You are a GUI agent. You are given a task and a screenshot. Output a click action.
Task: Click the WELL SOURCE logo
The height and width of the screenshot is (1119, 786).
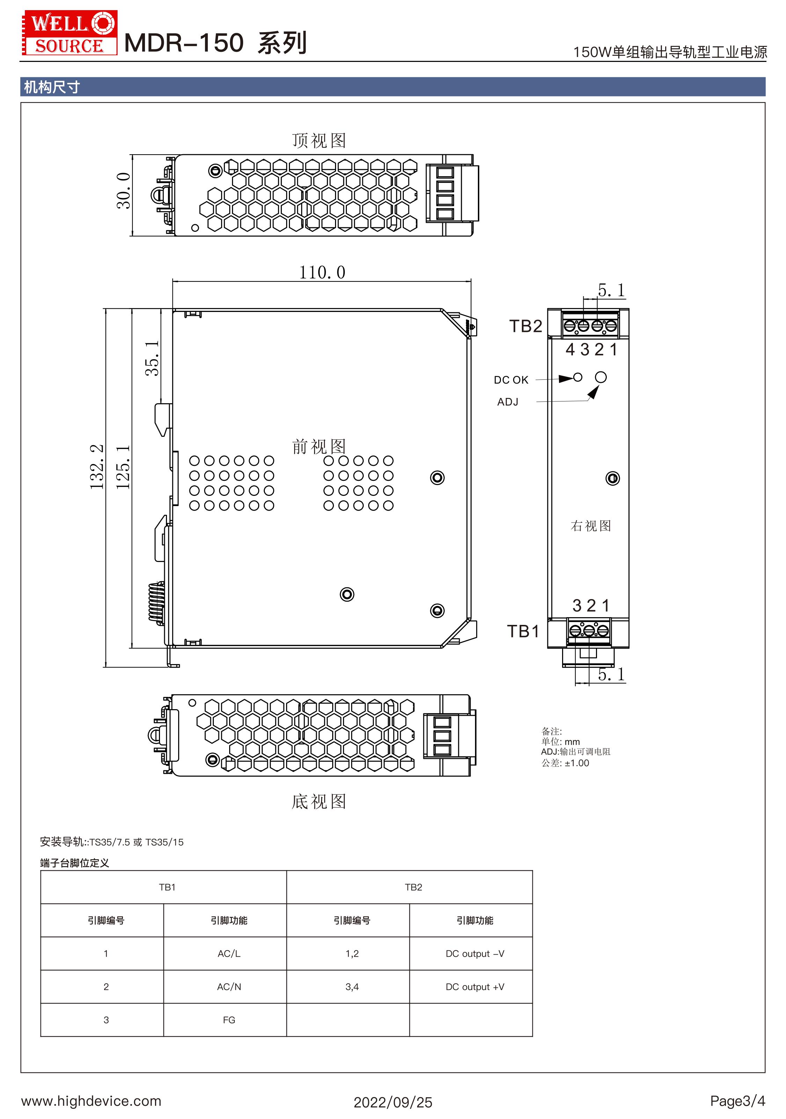69,33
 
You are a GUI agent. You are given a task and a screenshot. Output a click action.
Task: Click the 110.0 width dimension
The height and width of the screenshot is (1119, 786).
322,272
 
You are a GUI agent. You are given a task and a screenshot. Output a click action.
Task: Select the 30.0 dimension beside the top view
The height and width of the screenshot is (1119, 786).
123,191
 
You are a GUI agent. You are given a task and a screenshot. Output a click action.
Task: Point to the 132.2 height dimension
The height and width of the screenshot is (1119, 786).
96,466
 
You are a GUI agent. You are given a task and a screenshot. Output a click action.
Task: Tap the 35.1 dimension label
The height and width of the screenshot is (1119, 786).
152,358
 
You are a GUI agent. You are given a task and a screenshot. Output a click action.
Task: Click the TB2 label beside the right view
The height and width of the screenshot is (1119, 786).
525,326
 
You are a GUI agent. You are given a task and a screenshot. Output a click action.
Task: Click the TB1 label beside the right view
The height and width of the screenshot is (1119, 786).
523,631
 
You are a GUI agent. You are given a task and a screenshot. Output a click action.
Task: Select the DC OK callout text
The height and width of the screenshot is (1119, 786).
511,380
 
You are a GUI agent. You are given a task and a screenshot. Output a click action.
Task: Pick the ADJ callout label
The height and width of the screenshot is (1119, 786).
508,401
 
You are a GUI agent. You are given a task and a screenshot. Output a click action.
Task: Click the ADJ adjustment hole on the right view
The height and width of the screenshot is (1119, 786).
601,377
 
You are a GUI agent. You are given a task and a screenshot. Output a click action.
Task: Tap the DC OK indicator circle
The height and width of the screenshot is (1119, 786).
577,377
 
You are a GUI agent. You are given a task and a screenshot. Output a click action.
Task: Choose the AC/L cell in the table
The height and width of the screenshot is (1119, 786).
229,953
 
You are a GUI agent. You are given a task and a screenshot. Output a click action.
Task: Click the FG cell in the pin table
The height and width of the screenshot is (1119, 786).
229,1020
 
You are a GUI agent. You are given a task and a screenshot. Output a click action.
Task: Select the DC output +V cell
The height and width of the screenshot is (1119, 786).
475,986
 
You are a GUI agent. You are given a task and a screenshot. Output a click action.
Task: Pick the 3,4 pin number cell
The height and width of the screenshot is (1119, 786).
352,986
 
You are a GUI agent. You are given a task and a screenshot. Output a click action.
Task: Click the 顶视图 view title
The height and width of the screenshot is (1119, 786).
319,140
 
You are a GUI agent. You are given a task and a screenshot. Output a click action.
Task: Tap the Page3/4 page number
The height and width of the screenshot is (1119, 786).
737,1100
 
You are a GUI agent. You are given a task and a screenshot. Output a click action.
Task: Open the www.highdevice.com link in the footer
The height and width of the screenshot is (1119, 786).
91,1100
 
